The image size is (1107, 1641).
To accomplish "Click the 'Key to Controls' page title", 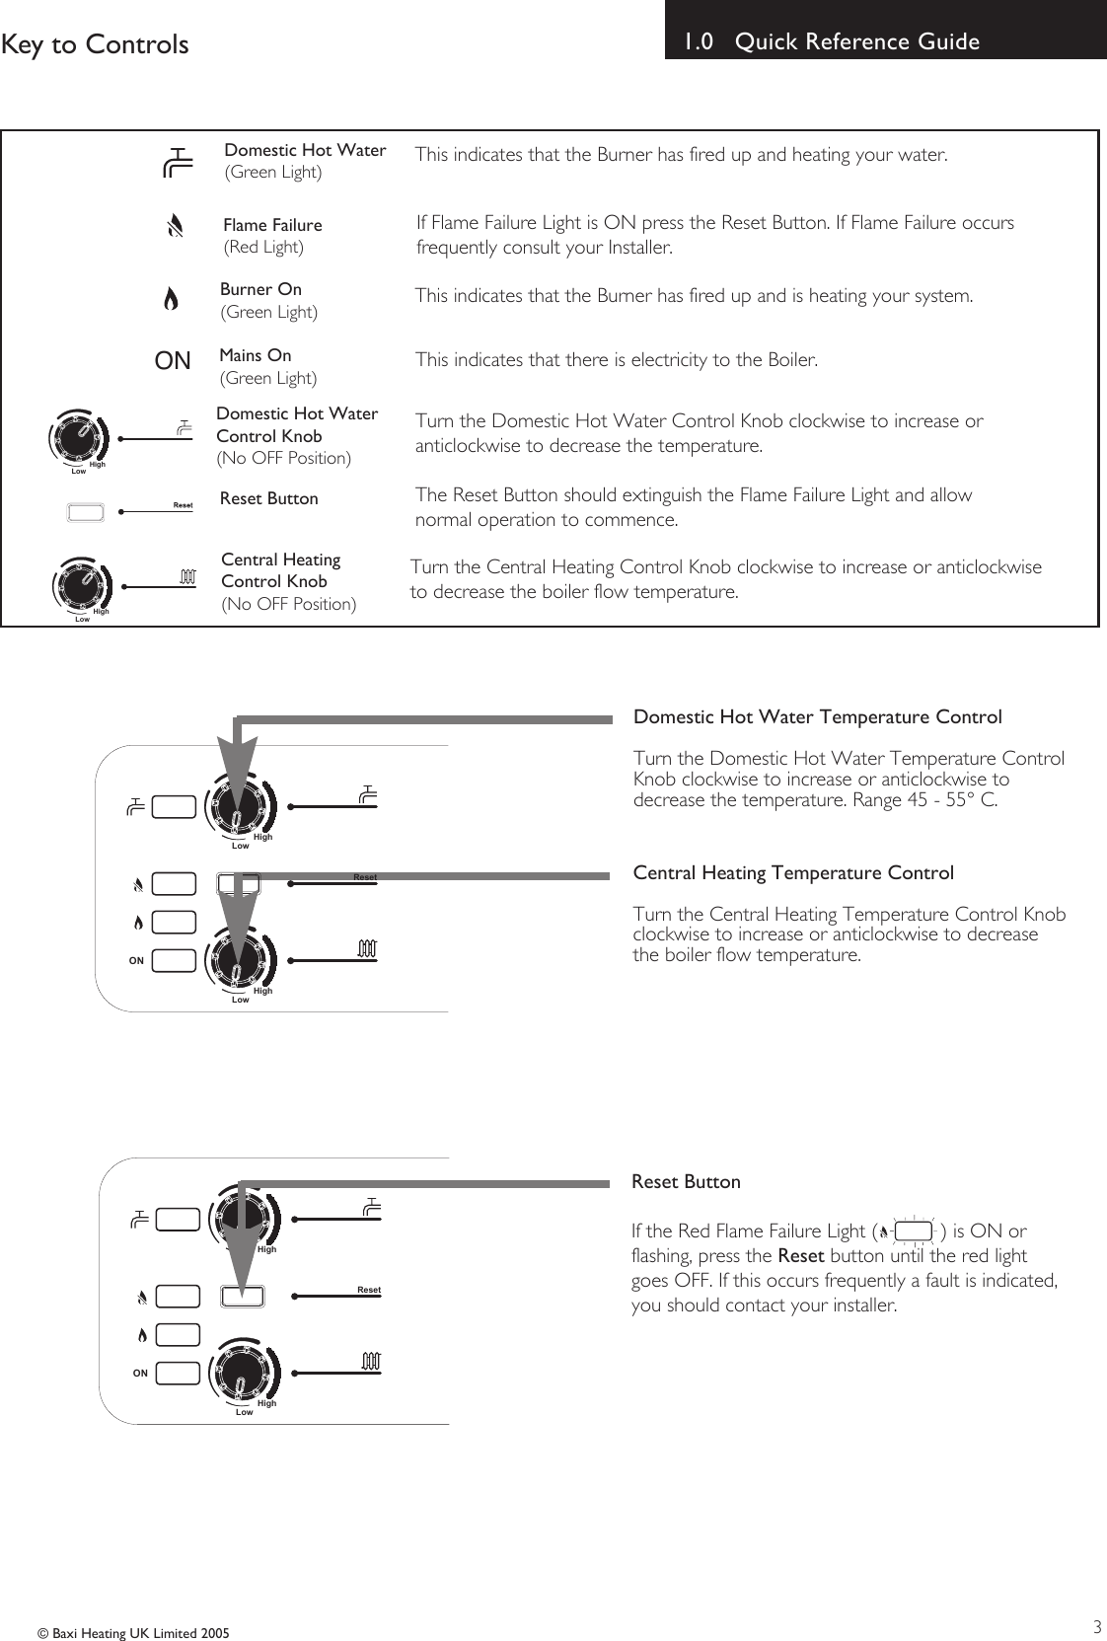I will point(95,44).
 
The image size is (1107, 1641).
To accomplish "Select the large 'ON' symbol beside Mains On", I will point(173,362).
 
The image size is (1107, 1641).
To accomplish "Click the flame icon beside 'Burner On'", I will point(171,299).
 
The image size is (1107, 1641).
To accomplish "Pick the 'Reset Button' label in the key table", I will point(268,498).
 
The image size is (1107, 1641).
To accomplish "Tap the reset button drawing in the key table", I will point(85,512).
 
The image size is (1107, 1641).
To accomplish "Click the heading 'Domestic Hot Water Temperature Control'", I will point(817,717).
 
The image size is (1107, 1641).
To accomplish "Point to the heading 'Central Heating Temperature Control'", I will point(793,873).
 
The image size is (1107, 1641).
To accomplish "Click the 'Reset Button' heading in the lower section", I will point(686,1181).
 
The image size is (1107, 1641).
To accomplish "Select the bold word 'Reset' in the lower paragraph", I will point(800,1256).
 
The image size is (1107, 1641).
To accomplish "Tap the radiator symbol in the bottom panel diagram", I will point(370,1363).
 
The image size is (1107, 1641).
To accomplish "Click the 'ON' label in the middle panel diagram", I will point(136,960).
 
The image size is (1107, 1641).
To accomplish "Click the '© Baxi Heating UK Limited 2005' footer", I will point(133,1633).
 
